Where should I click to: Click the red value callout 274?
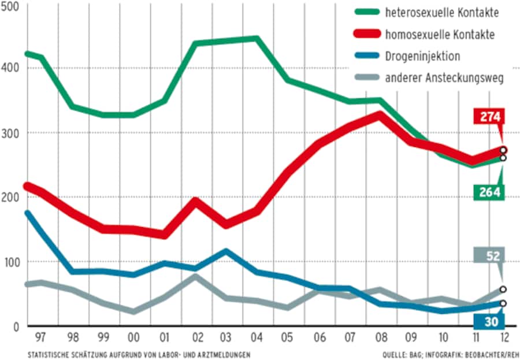click(x=489, y=117)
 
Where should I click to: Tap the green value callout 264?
click(x=489, y=192)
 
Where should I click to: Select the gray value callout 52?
click(x=489, y=255)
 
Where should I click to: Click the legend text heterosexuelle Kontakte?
click(x=441, y=13)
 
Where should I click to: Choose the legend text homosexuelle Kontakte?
click(x=440, y=35)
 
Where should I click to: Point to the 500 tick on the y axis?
click(x=12, y=6)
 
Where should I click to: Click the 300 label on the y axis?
click(x=12, y=133)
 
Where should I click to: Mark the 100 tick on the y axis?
click(x=12, y=262)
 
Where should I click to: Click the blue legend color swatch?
click(x=366, y=56)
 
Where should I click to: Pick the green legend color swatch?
click(x=366, y=13)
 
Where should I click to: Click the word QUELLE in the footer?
click(x=395, y=353)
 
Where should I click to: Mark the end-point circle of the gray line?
click(x=503, y=289)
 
